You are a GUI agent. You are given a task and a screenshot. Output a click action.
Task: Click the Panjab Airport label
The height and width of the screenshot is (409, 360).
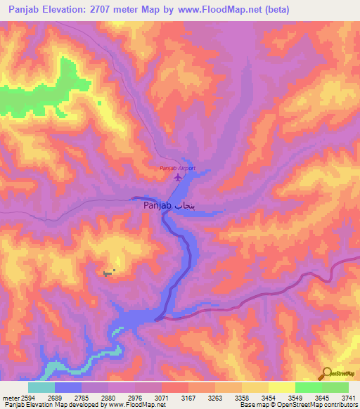tap(176, 168)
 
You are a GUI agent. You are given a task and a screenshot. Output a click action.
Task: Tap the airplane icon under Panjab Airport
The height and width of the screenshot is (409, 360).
tap(177, 177)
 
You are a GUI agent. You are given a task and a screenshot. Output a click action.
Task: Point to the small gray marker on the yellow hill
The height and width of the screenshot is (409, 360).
tap(108, 273)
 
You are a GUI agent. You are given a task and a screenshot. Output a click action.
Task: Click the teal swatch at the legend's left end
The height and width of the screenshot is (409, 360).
tap(41, 387)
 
